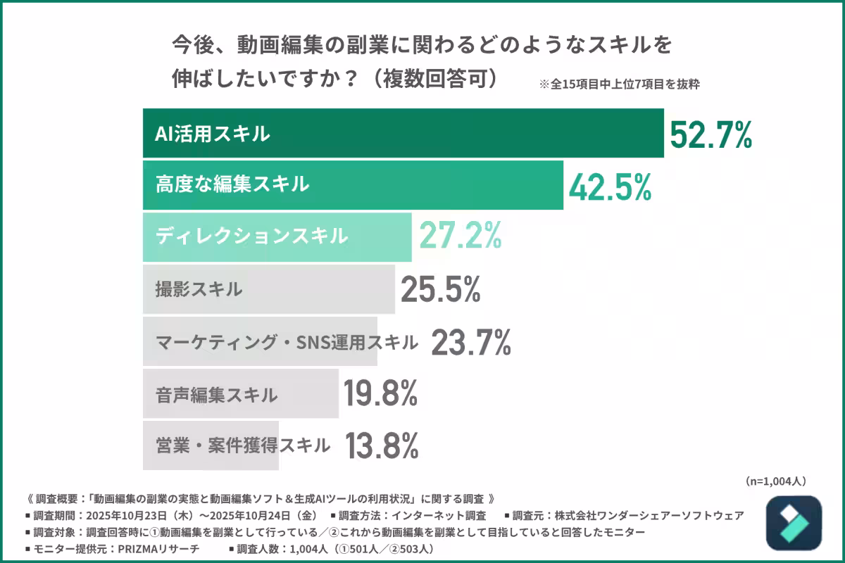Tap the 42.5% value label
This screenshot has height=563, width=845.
pos(609,186)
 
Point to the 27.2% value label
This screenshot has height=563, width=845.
pos(460,236)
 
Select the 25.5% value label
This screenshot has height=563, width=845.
pos(441,289)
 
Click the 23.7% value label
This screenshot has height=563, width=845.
pos(470,343)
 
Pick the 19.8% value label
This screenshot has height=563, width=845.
pos(380,394)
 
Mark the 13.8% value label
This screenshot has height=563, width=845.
pos(382,445)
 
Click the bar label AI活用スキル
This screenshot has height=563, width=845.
pos(213,134)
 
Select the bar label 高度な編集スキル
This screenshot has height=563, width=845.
pos(232,185)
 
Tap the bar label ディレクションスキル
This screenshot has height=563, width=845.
pos(251,236)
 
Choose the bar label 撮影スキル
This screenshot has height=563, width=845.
pos(199,289)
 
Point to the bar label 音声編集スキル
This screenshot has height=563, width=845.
pos(216,395)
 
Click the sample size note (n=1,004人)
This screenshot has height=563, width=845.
pos(775,481)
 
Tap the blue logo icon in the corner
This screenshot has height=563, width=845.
pos(794,523)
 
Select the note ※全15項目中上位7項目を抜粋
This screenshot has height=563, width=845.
pos(619,84)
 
